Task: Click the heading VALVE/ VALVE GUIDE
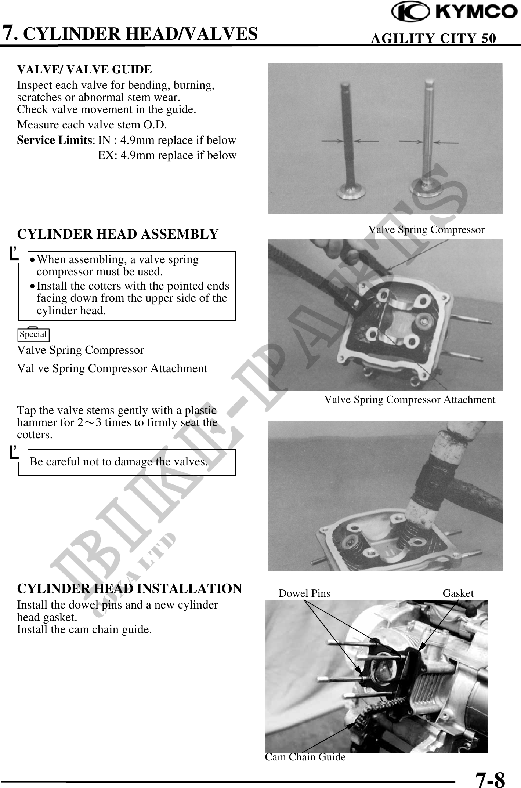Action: pos(84,69)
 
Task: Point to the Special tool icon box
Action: pos(33,334)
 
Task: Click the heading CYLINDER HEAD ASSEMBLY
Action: pos(118,234)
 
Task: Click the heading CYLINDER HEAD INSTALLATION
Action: pos(130,588)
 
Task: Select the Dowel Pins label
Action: pos(304,593)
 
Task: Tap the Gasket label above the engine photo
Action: pos(458,593)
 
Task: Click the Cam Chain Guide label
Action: pos(305,757)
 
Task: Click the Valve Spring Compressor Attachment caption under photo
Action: pos(409,399)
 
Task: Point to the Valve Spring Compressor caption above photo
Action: pos(426,230)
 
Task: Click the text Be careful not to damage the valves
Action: pos(119,462)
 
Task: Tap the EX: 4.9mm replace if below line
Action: pos(167,155)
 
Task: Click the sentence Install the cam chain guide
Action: pos(84,630)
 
